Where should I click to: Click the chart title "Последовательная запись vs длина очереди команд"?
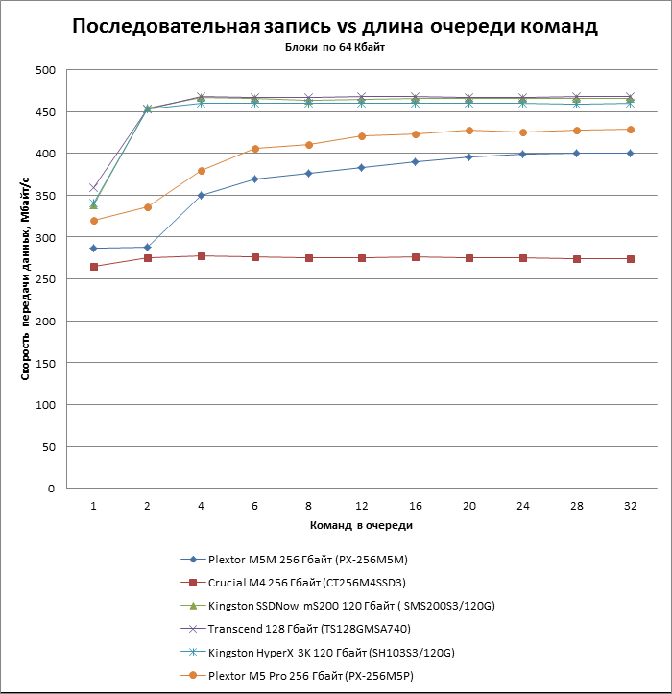[x=335, y=27]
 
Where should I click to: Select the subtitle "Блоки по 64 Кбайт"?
[x=335, y=47]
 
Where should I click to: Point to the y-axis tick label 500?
[x=45, y=70]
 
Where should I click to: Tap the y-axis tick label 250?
[x=45, y=279]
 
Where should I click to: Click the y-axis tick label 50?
[x=48, y=446]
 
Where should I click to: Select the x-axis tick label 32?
[x=630, y=505]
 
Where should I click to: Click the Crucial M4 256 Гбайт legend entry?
[x=307, y=582]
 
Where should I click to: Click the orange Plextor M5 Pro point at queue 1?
[x=93, y=221]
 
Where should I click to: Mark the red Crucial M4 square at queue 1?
[x=93, y=267]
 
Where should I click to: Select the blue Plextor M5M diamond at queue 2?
[x=147, y=248]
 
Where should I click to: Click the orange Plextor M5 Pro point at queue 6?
[x=254, y=149]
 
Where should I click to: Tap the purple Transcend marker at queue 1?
[x=93, y=187]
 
